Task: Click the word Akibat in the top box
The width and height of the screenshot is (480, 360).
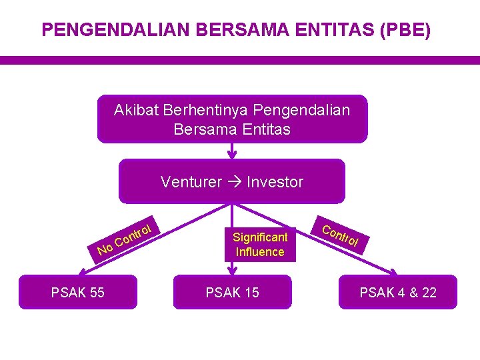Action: [137, 110]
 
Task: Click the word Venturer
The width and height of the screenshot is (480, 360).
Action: [191, 182]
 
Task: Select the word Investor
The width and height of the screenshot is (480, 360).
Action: [275, 182]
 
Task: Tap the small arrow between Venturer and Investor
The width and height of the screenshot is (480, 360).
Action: [234, 182]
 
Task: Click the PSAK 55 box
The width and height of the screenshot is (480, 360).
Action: [78, 292]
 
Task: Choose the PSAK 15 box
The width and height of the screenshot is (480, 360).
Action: [232, 292]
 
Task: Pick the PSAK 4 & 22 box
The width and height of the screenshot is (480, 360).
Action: [398, 292]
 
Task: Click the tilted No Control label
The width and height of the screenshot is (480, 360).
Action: [126, 237]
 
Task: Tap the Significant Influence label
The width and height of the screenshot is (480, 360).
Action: [260, 244]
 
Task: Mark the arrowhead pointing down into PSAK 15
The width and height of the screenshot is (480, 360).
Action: [232, 270]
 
